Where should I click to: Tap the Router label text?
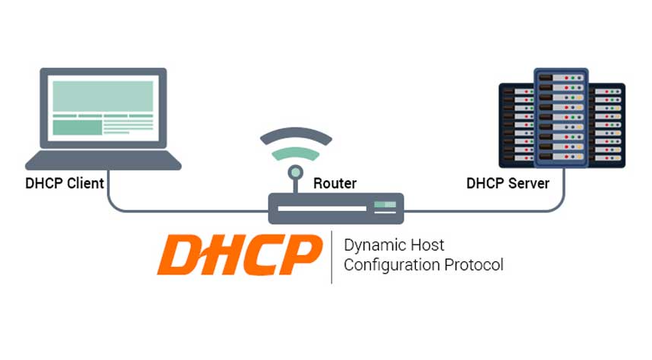[335, 183]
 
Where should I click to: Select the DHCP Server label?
[508, 183]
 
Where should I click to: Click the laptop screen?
[102, 107]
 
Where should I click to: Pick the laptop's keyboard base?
[103, 161]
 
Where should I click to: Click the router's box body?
[321, 208]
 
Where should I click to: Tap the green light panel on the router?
[384, 204]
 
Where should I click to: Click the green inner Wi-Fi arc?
[296, 153]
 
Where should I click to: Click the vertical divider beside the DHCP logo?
[332, 256]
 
